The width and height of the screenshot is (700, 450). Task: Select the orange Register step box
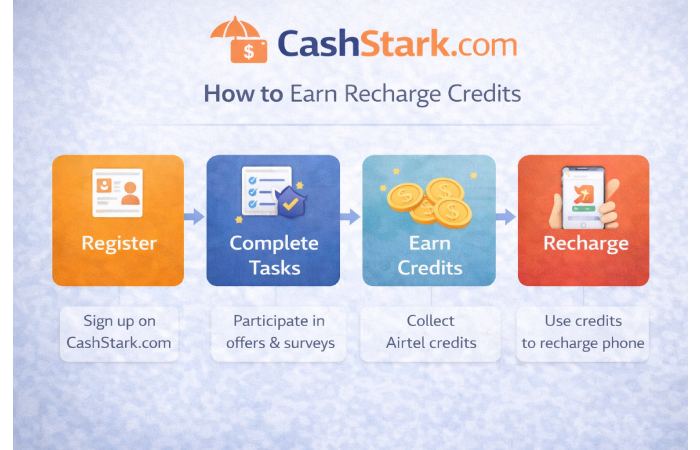point(118,220)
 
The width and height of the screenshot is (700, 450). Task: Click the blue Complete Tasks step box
point(273,220)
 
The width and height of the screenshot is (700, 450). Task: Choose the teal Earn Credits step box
point(429,220)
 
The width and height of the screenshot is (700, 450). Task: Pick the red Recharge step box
point(584,220)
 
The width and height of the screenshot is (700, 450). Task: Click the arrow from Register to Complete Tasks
point(195,216)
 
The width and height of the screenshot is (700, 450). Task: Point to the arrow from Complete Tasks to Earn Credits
point(351,216)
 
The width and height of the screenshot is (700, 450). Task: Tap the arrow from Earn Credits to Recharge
point(506,216)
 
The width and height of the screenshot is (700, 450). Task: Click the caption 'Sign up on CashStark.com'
point(118,333)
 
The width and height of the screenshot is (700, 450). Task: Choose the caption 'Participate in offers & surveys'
point(273,333)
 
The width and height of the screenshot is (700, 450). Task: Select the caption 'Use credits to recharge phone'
point(584,333)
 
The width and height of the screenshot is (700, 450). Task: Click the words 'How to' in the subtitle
point(231,96)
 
